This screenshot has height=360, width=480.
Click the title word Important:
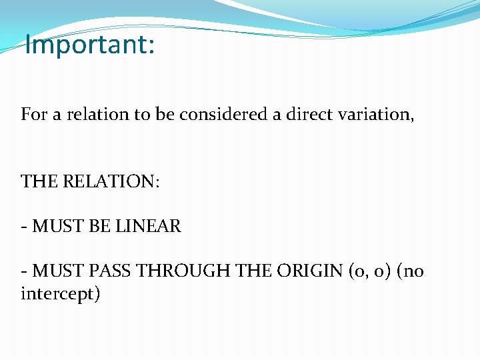[x=89, y=45]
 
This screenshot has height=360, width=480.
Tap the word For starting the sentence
[x=33, y=114]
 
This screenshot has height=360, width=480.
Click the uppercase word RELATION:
[x=111, y=182]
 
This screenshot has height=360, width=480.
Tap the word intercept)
[x=60, y=294]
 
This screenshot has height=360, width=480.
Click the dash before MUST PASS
[x=24, y=272]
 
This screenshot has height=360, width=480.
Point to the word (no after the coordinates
[x=406, y=272]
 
